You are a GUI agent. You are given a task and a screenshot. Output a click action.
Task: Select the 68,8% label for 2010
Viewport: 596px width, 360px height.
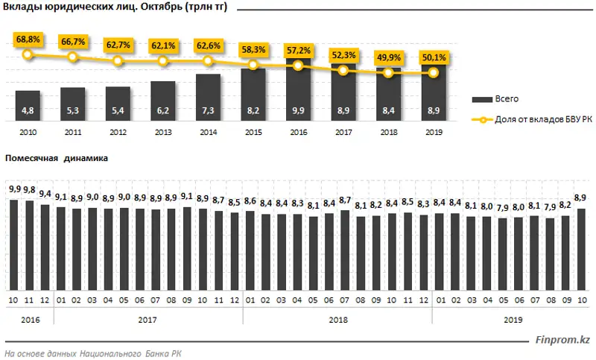(x=28, y=38)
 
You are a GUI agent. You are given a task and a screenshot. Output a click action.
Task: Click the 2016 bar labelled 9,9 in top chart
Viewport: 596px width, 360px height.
(x=298, y=93)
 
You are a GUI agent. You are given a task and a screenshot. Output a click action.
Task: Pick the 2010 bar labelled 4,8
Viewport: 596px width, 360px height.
(x=28, y=105)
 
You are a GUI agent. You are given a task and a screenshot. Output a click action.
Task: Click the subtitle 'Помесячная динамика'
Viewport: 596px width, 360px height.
(x=57, y=159)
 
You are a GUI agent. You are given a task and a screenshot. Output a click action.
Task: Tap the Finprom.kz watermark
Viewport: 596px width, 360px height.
(x=562, y=340)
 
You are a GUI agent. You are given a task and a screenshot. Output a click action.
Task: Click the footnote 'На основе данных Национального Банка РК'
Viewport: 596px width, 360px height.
(x=92, y=353)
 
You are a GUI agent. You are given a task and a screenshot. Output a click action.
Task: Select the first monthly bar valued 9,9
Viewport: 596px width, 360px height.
(x=13, y=245)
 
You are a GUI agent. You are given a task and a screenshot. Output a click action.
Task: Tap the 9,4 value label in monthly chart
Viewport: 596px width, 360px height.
(x=45, y=193)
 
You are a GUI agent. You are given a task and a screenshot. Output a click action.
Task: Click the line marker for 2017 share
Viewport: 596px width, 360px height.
(x=343, y=70)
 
